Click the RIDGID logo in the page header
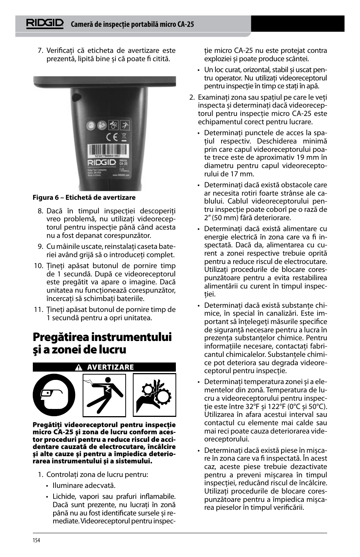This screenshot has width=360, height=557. click(45, 23)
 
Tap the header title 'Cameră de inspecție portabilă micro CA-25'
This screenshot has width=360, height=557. click(132, 25)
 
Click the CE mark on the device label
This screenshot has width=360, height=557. click(111, 137)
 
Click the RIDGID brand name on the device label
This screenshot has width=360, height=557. click(102, 163)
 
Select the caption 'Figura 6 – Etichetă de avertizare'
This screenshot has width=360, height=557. click(84, 197)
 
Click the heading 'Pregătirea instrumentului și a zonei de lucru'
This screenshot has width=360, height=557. click(102, 343)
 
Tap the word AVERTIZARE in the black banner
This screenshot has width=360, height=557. click(110, 367)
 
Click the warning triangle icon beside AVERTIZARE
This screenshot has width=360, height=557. click(78, 367)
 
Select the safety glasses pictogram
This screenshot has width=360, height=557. click(54, 395)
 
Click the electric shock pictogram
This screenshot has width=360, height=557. click(104, 395)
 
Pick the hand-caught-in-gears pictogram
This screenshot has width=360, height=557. click(154, 395)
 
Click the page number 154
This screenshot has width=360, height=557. click(36, 540)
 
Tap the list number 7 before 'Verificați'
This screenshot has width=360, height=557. click(40, 51)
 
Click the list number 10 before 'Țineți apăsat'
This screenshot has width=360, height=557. click(38, 266)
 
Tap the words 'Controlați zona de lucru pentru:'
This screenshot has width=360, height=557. click(97, 475)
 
